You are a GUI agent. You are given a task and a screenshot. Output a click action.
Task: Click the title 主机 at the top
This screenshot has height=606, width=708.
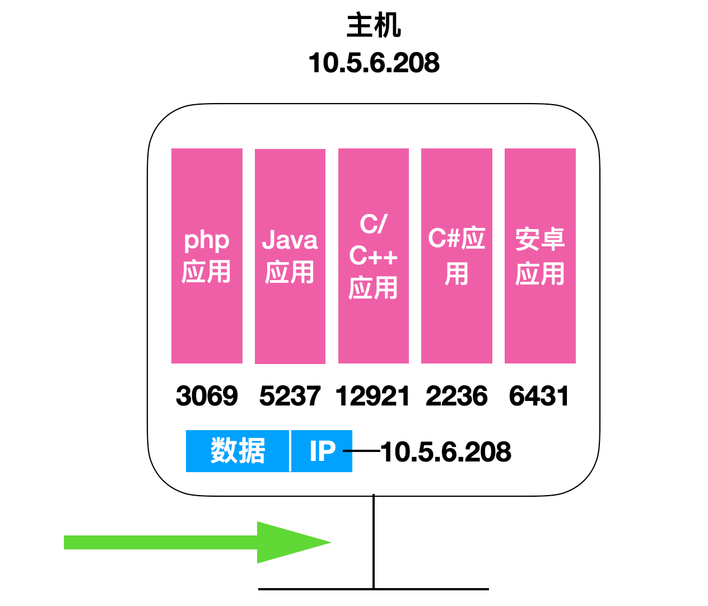pos(374,25)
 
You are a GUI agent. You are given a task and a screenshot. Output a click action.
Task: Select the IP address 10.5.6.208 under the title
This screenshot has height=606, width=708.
pos(374,63)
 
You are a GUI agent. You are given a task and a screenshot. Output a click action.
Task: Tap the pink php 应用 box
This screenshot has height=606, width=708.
pos(207,255)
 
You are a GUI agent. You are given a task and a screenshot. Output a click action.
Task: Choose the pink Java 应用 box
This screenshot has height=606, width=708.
pos(290,257)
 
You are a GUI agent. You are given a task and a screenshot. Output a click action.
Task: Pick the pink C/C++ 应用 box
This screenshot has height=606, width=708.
pos(374,255)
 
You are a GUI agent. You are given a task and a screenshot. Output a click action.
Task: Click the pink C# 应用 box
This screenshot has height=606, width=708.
pos(457,255)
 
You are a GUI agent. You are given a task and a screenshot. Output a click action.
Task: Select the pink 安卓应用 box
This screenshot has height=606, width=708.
pos(540,255)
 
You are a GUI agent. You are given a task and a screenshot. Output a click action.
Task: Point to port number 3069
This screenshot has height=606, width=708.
pos(207,396)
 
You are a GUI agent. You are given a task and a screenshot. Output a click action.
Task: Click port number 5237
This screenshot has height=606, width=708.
pos(290,396)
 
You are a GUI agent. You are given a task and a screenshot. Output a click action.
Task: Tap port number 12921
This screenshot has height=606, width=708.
pos(372,396)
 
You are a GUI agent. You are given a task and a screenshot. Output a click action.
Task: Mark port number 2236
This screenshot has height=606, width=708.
pos(457,396)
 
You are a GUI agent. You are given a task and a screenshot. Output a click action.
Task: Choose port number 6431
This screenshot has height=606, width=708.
pos(539,396)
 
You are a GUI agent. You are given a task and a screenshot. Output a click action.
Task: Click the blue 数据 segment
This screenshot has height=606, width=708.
pos(237,451)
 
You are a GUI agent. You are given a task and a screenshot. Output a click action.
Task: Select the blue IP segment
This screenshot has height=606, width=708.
pos(322,451)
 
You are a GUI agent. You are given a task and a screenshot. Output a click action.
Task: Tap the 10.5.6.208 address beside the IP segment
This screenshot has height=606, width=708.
pos(446,451)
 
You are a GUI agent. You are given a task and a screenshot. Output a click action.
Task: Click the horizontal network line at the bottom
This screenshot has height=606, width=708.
pos(374,589)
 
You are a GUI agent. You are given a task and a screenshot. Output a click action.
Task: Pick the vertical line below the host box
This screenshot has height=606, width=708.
pos(374,542)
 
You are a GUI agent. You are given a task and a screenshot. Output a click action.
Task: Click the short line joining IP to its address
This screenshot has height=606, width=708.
pos(362,451)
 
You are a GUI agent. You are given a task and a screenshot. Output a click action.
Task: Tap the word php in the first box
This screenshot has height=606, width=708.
pos(207,241)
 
